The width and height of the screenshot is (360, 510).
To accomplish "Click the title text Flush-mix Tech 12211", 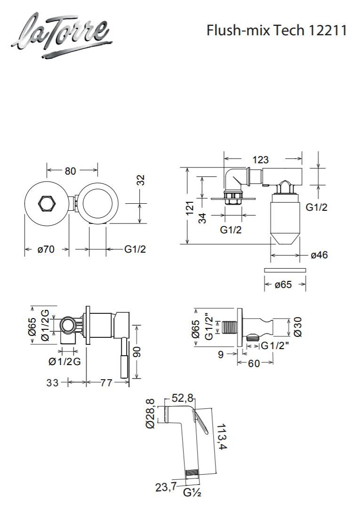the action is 277,31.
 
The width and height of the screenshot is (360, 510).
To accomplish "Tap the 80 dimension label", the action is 70,170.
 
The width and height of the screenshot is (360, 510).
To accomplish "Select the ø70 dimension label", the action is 46,249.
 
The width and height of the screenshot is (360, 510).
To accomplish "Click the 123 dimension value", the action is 261,159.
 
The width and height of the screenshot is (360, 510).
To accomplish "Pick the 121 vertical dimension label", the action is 190,207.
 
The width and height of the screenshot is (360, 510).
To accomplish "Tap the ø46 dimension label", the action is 319,255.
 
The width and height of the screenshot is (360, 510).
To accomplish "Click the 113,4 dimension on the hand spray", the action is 222,436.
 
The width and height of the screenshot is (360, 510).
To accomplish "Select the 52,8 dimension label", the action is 183,398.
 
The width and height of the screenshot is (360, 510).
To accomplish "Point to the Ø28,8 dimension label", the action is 151,414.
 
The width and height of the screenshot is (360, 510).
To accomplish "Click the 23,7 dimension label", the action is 166,487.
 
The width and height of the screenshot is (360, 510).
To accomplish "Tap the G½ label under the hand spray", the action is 192,493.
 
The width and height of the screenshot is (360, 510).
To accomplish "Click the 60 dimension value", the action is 254,363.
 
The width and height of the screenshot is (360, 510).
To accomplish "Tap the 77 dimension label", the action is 106,382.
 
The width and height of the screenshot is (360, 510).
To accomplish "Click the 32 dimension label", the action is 141,180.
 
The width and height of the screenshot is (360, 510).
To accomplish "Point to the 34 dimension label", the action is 202,218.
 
